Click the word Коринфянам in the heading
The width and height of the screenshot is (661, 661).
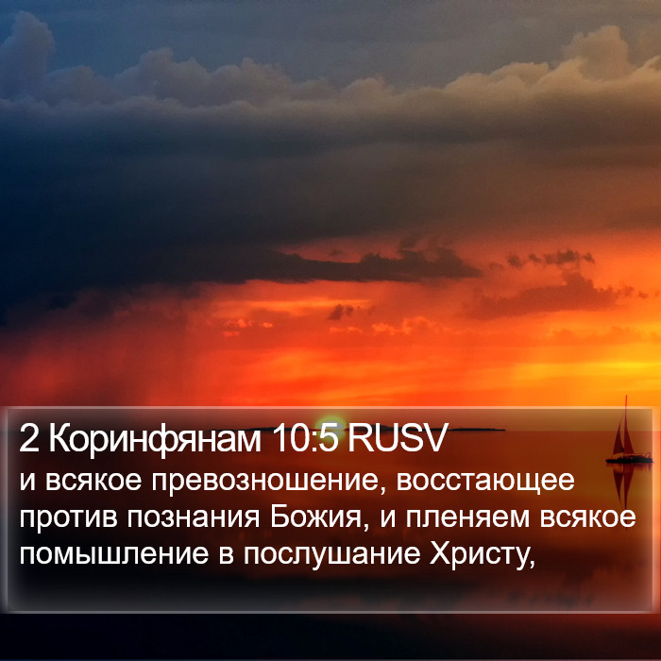pyautogui.click(x=155, y=440)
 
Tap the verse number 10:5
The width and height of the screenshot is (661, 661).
pyautogui.click(x=305, y=438)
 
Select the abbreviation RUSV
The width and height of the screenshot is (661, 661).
pyautogui.click(x=397, y=438)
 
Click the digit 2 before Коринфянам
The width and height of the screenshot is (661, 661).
pyautogui.click(x=28, y=439)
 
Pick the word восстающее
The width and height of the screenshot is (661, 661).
pyautogui.click(x=485, y=481)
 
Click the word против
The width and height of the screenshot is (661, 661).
pyautogui.click(x=68, y=517)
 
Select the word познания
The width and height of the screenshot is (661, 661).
pyautogui.click(x=194, y=517)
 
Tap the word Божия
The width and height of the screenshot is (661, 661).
pyautogui.click(x=315, y=517)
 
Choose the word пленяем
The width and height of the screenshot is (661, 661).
pyautogui.click(x=467, y=517)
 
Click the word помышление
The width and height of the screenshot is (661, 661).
pyautogui.click(x=114, y=554)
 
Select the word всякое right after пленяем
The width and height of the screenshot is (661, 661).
pyautogui.click(x=587, y=517)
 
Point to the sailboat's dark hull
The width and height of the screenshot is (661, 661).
pyautogui.click(x=628, y=459)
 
